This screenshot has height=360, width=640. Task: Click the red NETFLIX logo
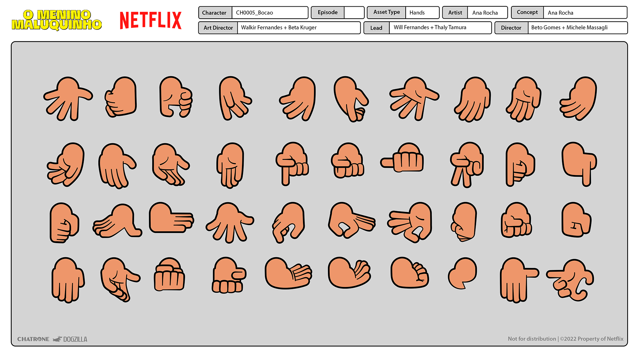tap(151, 20)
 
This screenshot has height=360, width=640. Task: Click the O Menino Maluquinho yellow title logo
tap(57, 20)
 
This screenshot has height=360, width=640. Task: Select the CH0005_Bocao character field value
tap(254, 13)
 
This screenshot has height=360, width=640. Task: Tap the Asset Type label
tap(386, 12)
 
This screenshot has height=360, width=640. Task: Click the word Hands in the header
tap(417, 13)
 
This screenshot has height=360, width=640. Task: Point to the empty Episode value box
tap(354, 13)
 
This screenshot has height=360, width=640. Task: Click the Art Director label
tap(218, 28)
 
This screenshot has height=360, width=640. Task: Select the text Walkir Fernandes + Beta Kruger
tap(279, 28)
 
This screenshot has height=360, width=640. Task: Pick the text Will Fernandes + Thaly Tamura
tap(430, 28)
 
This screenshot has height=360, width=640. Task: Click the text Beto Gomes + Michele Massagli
tap(569, 28)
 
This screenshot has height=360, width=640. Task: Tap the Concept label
tap(527, 12)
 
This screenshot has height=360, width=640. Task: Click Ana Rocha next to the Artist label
tap(485, 13)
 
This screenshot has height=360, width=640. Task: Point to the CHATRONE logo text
tap(33, 339)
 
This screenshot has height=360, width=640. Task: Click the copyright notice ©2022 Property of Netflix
tap(591, 339)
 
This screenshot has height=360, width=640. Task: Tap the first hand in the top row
tap(68, 98)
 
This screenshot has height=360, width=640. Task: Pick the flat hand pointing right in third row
tap(170, 218)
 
